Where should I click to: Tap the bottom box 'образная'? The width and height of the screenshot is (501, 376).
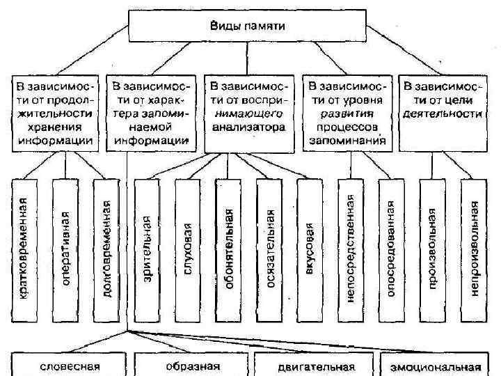pos(191,366)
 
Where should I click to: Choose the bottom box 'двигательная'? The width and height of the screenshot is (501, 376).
pos(315,366)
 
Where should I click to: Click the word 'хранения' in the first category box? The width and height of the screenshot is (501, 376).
pos(54,127)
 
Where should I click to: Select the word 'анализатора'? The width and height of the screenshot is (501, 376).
pos(248,127)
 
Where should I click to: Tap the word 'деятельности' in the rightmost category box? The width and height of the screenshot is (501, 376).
pos(442,113)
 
